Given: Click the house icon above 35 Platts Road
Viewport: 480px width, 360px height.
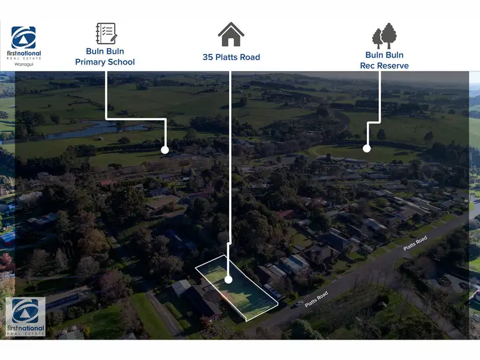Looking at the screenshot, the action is [x=231, y=35].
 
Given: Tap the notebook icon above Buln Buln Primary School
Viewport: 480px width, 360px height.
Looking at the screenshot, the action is [x=106, y=33].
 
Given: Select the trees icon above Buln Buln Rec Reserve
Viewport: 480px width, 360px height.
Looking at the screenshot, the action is [x=384, y=36].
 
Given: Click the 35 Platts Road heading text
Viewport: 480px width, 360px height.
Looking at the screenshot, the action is [x=231, y=57].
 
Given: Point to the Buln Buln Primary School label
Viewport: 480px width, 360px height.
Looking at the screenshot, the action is [x=105, y=56].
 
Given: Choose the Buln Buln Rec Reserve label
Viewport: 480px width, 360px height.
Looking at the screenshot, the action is [x=384, y=60].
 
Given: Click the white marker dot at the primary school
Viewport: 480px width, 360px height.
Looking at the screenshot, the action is [x=164, y=150].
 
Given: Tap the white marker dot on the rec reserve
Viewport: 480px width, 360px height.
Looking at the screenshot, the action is [x=367, y=148].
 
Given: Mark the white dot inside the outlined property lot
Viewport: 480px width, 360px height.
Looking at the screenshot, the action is [x=228, y=279].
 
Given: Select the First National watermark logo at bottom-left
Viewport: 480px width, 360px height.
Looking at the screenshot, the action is [x=26, y=317].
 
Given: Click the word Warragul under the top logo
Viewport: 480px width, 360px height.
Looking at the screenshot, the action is [x=24, y=65].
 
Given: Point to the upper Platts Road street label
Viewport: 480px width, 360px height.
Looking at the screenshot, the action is [x=415, y=244].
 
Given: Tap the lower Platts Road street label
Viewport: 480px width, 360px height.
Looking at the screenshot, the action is [x=317, y=299].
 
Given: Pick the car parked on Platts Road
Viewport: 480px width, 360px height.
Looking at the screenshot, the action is [x=298, y=304].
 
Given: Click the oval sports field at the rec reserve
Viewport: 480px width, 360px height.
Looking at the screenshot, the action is [x=364, y=152].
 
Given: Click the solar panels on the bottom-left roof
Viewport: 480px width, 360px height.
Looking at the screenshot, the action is [x=63, y=301].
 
